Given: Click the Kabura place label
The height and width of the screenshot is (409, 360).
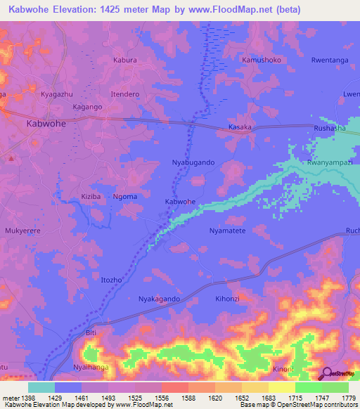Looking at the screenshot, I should click(x=125, y=60).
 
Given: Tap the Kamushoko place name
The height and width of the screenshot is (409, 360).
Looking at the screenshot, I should click(x=262, y=60).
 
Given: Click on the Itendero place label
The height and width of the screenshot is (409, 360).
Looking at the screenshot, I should click(x=127, y=93).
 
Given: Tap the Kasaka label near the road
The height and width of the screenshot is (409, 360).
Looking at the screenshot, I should click(x=240, y=127).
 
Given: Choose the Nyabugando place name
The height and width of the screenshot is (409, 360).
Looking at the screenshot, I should click(x=193, y=162).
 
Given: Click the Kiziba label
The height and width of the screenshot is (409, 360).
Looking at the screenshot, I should click(x=92, y=196).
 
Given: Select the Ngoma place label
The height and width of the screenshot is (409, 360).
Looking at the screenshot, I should click(x=125, y=196).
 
